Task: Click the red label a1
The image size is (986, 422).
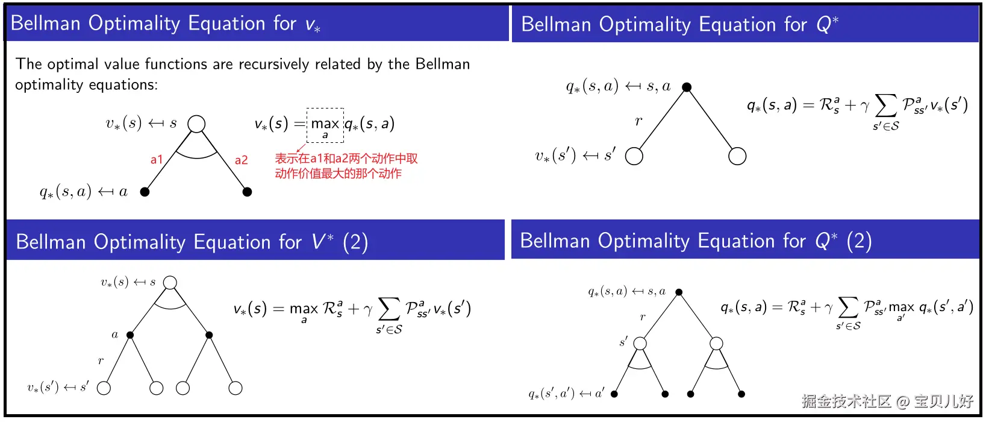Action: pyautogui.click(x=157, y=160)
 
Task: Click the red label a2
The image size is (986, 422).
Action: pyautogui.click(x=241, y=160)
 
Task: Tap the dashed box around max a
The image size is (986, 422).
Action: pyautogui.click(x=325, y=125)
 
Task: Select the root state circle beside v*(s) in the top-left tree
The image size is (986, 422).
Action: pyautogui.click(x=196, y=124)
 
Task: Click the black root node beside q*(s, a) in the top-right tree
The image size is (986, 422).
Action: pyautogui.click(x=687, y=87)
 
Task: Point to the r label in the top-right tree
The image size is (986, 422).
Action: pyautogui.click(x=638, y=121)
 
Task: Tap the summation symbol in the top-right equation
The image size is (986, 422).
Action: pyautogui.click(x=885, y=105)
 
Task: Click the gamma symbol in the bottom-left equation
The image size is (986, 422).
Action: pyautogui.click(x=367, y=309)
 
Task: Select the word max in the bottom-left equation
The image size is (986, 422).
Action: pyautogui.click(x=304, y=310)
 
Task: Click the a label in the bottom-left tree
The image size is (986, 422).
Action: pyautogui.click(x=114, y=335)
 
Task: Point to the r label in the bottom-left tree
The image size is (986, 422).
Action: pyautogui.click(x=101, y=361)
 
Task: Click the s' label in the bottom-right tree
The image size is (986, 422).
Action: pyautogui.click(x=623, y=342)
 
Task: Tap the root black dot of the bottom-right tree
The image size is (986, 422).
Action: pyautogui.click(x=679, y=292)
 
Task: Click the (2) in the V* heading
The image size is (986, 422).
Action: pyautogui.click(x=355, y=242)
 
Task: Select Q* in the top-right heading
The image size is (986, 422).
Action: pyautogui.click(x=827, y=24)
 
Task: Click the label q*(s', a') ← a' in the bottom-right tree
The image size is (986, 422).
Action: pyautogui.click(x=566, y=394)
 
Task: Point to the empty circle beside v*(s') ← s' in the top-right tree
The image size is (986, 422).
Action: pyautogui.click(x=634, y=156)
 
